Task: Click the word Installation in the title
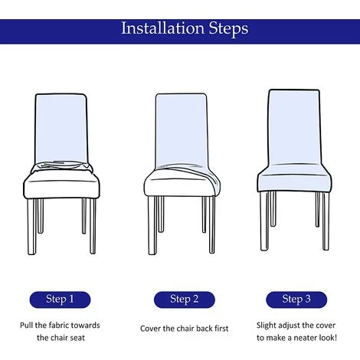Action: click(x=162, y=28)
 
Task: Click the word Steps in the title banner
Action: click(x=228, y=28)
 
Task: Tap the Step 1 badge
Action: click(x=60, y=299)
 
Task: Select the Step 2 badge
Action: click(x=185, y=299)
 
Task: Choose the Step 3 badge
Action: click(x=296, y=299)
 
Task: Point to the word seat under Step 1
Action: click(x=77, y=338)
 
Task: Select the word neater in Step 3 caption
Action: click(x=305, y=338)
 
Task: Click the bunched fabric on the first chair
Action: click(x=61, y=167)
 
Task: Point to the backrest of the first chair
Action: click(x=61, y=129)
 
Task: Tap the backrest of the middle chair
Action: click(x=182, y=130)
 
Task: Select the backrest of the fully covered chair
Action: click(x=294, y=127)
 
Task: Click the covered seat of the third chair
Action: click(x=294, y=178)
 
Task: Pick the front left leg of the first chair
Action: click(x=32, y=227)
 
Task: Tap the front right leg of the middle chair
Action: click(x=212, y=224)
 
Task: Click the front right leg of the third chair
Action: click(x=326, y=221)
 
